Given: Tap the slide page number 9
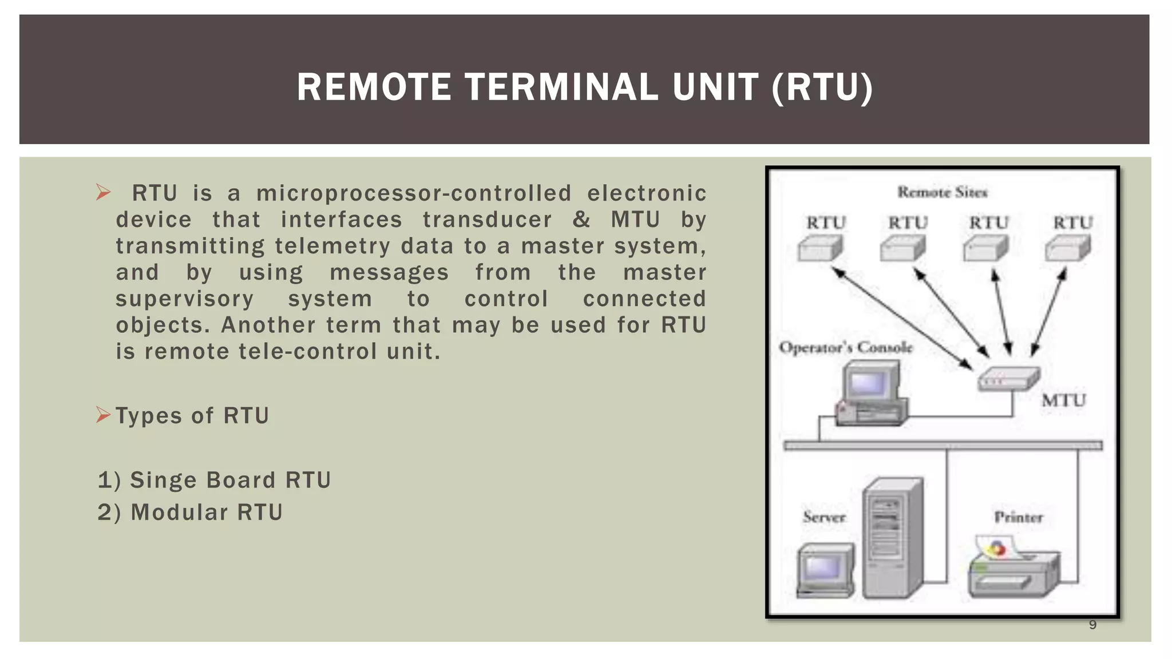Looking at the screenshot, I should point(1092,625).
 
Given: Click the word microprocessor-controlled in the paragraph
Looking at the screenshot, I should point(413,193).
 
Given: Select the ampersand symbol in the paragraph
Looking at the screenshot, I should point(581,220).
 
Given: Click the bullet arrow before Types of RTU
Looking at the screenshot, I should point(103,415).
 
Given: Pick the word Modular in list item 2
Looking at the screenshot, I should point(180,512).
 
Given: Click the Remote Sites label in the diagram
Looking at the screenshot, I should point(942,192).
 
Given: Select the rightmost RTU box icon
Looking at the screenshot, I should point(1067,249).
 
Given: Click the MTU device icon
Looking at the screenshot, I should point(1008,378).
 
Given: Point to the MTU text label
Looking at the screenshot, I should point(1063,400).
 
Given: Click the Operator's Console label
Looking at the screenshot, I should point(846,347).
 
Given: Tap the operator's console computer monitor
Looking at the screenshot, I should point(869,383).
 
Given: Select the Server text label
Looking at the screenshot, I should point(823,517).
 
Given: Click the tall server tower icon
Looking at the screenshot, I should point(892,538).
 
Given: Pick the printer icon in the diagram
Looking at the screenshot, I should point(1013,569).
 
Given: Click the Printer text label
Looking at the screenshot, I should point(1018,517).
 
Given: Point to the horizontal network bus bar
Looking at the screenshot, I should point(943,445).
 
